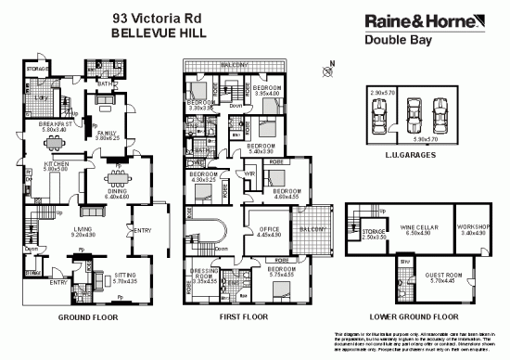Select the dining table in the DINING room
pos(116,178)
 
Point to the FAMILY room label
pos(107,133)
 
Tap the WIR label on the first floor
pos(250,174)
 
